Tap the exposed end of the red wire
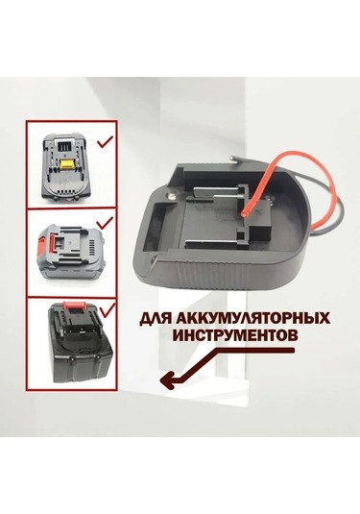point(241,214)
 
